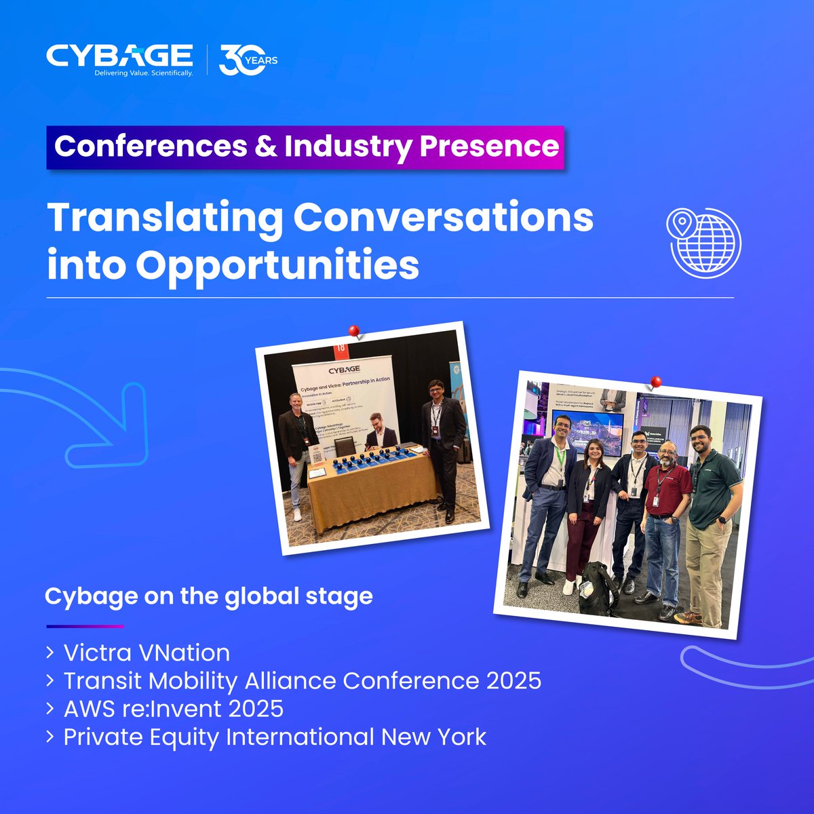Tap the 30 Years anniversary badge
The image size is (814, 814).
tap(248, 60)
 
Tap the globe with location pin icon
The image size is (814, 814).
tap(703, 240)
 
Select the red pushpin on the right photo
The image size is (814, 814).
tap(655, 383)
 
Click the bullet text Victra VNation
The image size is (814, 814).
tap(147, 653)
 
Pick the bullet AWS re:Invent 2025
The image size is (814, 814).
tap(173, 708)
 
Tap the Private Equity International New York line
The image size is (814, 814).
tap(275, 737)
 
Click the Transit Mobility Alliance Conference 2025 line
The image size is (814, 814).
tap(302, 680)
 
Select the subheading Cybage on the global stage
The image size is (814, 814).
tap(208, 596)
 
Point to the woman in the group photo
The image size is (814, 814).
tap(587, 509)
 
